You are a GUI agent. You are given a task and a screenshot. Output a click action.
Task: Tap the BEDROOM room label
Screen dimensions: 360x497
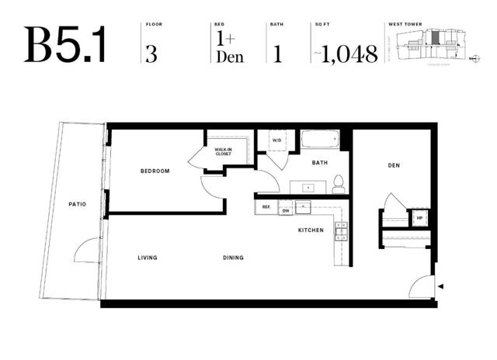[x=155, y=171]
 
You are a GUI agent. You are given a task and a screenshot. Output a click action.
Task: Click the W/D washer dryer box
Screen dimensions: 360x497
[x=276, y=141]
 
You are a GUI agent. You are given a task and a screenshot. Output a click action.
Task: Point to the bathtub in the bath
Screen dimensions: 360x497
[x=320, y=140]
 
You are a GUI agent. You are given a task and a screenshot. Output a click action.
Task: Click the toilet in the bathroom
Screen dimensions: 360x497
[x=338, y=185]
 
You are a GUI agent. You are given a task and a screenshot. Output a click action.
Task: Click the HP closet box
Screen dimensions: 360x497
[x=420, y=218]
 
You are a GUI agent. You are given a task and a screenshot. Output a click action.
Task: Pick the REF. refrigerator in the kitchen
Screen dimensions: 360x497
[x=266, y=208]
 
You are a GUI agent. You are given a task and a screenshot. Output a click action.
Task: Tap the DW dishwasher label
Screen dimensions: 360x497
[x=286, y=210]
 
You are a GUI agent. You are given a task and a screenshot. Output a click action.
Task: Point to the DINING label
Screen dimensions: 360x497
[x=232, y=258]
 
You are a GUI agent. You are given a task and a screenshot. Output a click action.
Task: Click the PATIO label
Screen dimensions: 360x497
[x=76, y=204]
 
